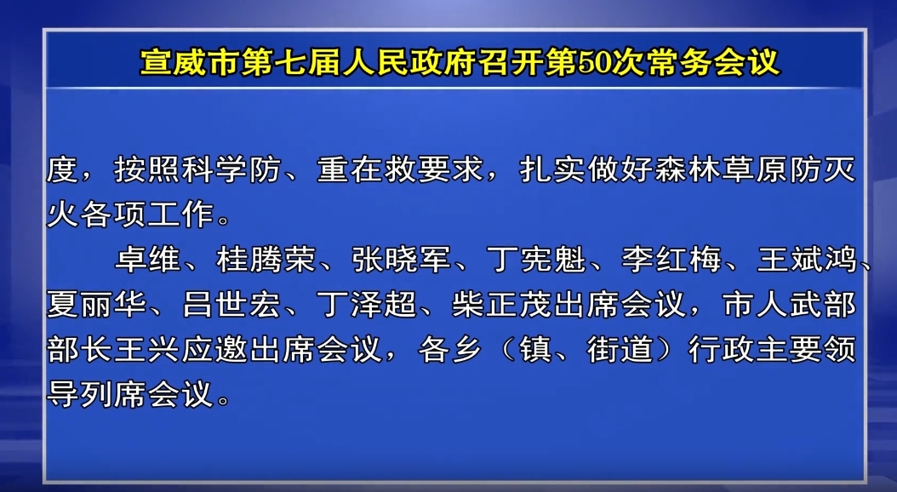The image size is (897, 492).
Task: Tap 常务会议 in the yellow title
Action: (713, 62)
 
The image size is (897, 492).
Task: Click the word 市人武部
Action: (790, 304)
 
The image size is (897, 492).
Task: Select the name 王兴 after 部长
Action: (147, 349)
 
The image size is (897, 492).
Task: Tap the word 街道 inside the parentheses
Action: (620, 349)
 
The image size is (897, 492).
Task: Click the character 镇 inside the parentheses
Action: (536, 349)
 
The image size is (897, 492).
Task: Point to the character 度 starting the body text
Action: (62, 169)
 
